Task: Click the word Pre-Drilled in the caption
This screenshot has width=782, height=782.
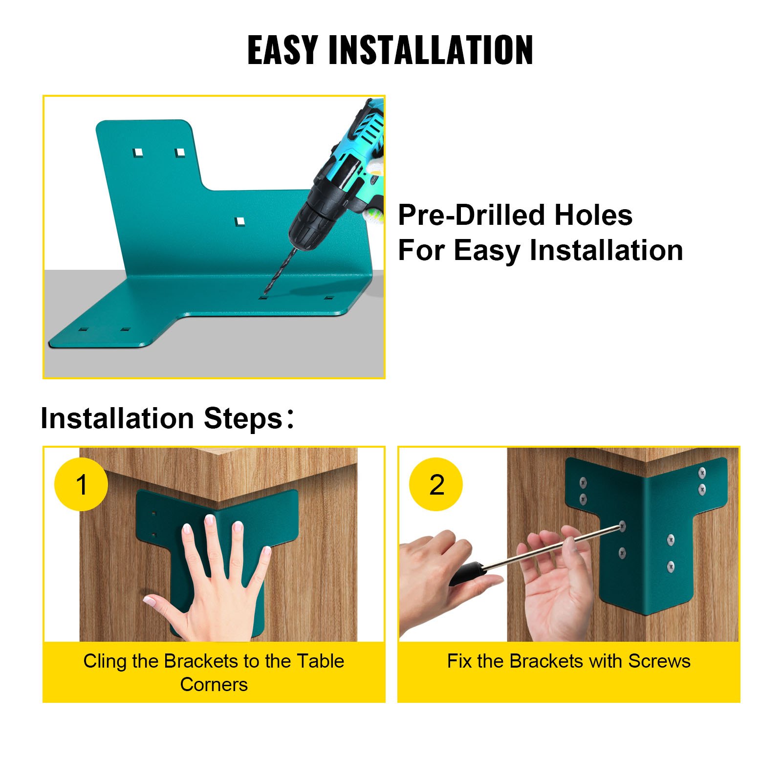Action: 470,215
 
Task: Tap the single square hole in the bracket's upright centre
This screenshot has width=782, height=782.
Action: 239,221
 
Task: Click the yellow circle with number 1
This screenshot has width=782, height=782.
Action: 81,484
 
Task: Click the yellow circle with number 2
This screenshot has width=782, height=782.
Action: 436,484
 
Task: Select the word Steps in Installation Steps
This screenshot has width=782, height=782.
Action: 243,419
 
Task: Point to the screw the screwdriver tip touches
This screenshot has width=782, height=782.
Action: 622,526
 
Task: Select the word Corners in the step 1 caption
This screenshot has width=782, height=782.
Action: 214,685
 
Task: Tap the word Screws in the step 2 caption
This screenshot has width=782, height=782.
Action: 659,661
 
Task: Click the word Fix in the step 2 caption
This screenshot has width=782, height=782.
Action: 459,661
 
